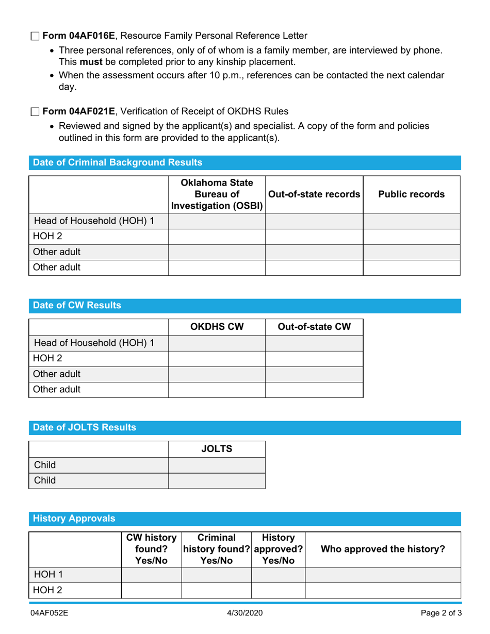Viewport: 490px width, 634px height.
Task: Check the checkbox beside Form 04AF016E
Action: coord(35,36)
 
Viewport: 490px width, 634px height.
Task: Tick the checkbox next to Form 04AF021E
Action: coord(35,111)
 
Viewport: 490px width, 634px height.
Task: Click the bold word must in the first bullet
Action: coord(90,62)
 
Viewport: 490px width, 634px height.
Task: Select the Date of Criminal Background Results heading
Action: coord(118,163)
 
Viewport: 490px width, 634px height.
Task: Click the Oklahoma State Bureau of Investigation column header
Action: coord(217,194)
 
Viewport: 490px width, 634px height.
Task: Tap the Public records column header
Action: coord(411,194)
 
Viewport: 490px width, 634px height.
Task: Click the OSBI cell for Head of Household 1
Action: coord(217,222)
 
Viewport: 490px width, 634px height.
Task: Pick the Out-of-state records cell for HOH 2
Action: coord(314,237)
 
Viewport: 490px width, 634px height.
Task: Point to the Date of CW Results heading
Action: coord(77,306)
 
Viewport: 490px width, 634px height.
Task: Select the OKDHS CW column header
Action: coord(217,327)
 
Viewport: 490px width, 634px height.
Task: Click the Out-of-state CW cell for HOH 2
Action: coord(314,359)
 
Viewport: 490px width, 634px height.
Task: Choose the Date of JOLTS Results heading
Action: coord(85,428)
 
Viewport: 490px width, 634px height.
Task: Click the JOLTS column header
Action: coord(217,449)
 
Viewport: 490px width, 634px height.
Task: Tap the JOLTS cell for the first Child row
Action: coord(217,465)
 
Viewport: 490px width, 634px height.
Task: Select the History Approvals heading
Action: coord(74,519)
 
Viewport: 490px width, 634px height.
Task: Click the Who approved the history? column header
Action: coord(383,549)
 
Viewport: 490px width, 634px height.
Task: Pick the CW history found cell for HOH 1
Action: coord(151,575)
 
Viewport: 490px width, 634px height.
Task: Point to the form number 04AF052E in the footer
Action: coord(49,613)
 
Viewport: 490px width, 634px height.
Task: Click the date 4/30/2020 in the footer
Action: coord(245,613)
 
